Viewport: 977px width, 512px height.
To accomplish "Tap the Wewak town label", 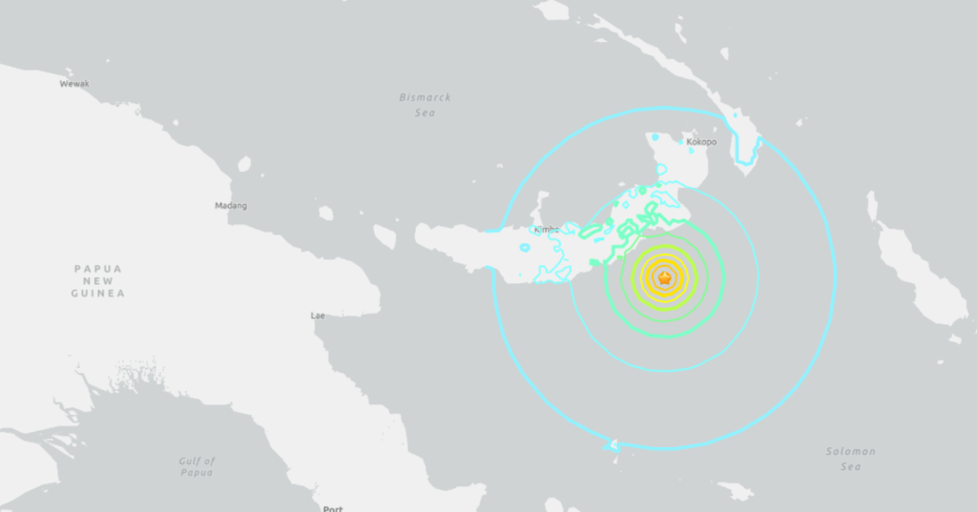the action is click(74, 84).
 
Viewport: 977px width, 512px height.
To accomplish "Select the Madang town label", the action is click(232, 206).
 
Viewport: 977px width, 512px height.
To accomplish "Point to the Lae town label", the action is click(318, 315).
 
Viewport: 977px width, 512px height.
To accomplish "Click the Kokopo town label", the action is click(701, 142).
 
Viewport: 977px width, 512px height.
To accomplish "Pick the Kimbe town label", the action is click(547, 230).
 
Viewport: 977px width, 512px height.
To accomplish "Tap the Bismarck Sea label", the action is click(426, 105).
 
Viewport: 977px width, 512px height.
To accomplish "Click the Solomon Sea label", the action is click(850, 459).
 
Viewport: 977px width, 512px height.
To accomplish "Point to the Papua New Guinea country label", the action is click(97, 281).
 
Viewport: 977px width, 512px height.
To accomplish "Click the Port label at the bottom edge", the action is click(333, 508).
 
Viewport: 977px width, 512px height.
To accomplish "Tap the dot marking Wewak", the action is click(69, 72).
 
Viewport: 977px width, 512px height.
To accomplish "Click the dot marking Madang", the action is click(229, 194).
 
